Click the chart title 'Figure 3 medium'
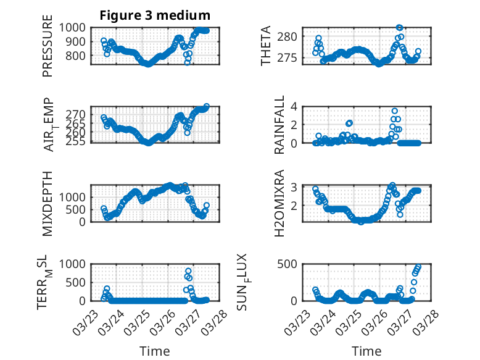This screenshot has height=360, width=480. [155, 15]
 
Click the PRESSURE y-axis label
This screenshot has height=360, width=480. [48, 50]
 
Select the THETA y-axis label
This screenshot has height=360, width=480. [266, 46]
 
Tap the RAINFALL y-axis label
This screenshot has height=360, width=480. [279, 125]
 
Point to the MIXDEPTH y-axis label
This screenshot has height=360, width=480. [48, 203]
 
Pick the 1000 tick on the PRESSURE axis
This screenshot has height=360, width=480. [76, 27]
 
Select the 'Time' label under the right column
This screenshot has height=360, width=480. [366, 351]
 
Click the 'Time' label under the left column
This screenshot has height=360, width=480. [154, 351]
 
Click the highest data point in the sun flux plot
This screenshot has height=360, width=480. [418, 267]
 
